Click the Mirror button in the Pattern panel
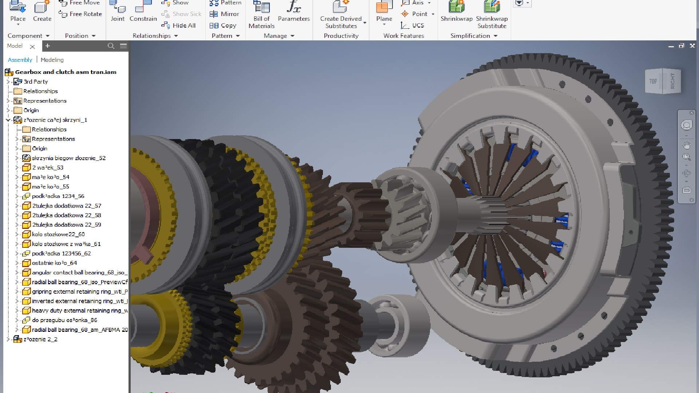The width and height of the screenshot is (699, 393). coord(224,14)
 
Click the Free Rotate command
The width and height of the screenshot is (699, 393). coord(80,14)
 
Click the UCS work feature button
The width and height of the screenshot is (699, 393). coord(412,25)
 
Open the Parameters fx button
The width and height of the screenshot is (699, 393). coord(293,11)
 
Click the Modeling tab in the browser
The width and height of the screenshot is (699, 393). coord(52,60)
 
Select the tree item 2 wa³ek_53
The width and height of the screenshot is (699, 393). coord(47,167)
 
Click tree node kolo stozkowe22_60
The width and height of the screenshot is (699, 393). coord(58,234)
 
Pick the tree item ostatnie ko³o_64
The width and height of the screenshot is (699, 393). coord(54,263)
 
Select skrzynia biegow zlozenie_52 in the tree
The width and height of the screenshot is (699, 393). coord(68,158)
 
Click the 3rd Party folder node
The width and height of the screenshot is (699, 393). coord(35,82)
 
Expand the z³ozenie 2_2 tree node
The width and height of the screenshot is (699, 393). coord(8,339)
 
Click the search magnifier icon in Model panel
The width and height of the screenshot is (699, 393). coord(111,46)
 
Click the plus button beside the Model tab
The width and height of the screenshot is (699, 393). coord(47,46)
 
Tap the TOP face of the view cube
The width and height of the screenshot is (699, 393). coord(653,82)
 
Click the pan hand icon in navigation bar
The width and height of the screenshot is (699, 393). coord(687,146)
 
